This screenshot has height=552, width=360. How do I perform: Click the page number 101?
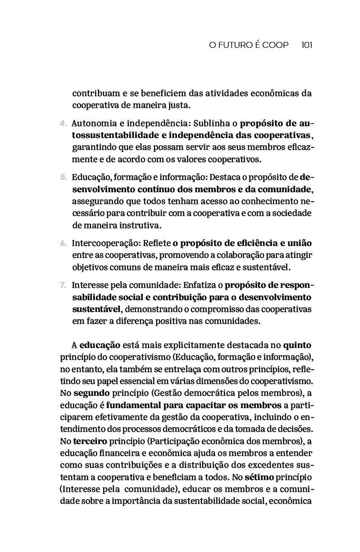307,45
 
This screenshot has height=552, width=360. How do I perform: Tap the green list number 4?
63,124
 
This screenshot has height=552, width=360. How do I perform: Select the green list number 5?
63,177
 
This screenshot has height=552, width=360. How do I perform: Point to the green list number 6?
63,243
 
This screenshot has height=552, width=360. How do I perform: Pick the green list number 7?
63,285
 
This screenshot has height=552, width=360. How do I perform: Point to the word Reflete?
156,243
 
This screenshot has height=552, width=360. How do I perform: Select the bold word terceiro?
90,442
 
